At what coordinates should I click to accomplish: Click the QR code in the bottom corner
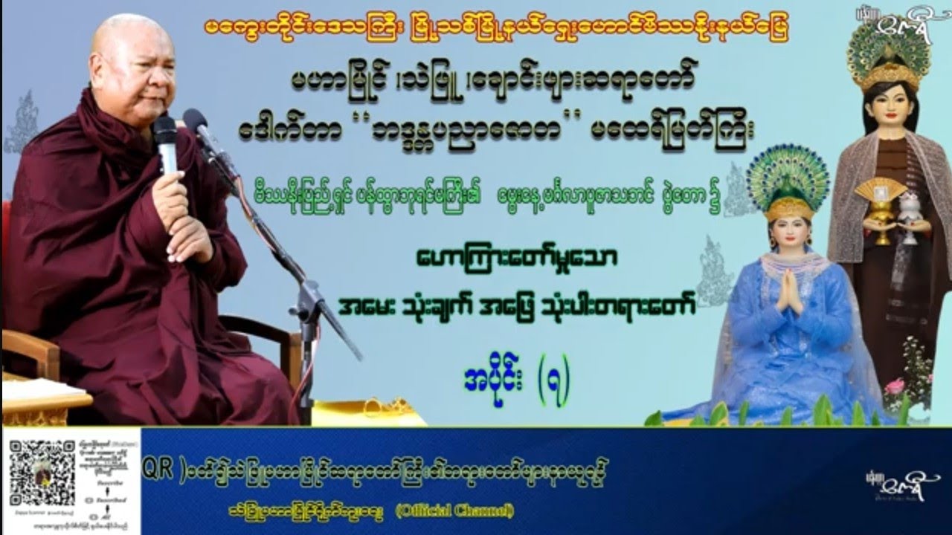tap(43, 474)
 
